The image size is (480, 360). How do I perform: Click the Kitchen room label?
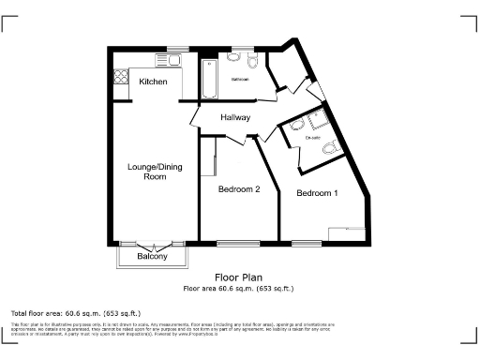[153, 82]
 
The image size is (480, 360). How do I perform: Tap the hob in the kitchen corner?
[120, 76]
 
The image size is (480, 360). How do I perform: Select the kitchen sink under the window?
[174, 59]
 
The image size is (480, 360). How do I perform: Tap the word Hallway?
[234, 117]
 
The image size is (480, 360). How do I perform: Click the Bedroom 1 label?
[317, 193]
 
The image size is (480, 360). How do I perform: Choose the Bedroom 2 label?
[239, 188]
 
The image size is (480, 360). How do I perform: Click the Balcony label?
[152, 256]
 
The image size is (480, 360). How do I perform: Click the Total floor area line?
[75, 311]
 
